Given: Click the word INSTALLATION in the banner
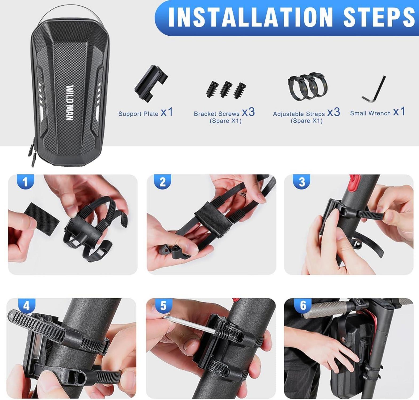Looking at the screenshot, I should tap(251, 17).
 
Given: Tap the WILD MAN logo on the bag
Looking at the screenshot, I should tap(70, 103).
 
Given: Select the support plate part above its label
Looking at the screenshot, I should tap(151, 83).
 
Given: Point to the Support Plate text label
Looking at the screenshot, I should tap(138, 114).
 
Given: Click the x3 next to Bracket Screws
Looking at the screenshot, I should tap(248, 112).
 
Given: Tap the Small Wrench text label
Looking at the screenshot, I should tap(370, 113).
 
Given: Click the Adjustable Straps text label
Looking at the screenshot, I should tap(299, 114).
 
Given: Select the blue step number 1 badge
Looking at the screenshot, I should tap(25, 182).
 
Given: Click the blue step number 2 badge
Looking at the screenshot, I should tap(163, 182).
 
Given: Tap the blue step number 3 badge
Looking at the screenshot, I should tap(302, 182).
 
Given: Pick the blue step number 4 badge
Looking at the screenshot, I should tap(27, 305).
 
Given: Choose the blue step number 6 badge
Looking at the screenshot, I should tap(303, 305).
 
